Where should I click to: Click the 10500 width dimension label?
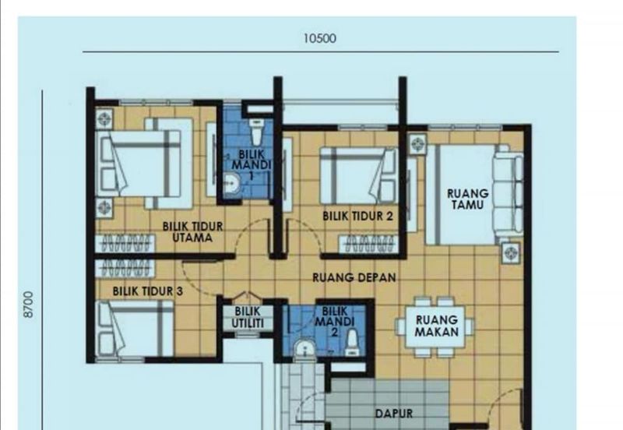321,38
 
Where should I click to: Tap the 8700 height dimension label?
29,304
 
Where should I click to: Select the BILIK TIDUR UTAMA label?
192,232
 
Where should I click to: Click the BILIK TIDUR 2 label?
357,216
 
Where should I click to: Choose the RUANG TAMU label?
467,199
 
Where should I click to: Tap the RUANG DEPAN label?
354,277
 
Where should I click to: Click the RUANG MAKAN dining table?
435,326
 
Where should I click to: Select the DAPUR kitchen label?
393,414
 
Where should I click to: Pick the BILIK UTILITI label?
248,317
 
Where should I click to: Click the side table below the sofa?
510,251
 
